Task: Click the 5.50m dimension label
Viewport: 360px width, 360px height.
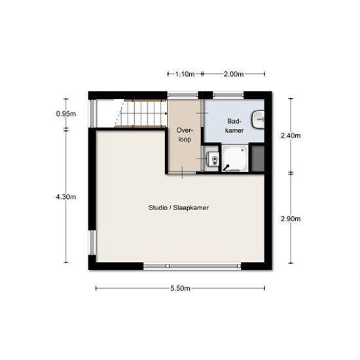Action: pyautogui.click(x=180, y=289)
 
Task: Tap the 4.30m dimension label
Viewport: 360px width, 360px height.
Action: pyautogui.click(x=66, y=197)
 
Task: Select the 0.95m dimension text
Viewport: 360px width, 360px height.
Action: pyautogui.click(x=66, y=114)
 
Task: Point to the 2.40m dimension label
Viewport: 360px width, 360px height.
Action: pyautogui.click(x=291, y=135)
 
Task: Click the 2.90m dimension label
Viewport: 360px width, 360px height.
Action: pyautogui.click(x=291, y=219)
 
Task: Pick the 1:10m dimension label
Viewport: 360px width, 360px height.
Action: pyautogui.click(x=185, y=74)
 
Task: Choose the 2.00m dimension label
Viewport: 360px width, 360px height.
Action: pyautogui.click(x=234, y=74)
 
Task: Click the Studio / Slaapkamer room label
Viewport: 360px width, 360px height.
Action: pyautogui.click(x=179, y=207)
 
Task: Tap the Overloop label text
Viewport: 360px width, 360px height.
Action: pyautogui.click(x=185, y=135)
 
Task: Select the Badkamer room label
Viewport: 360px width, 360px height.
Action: pyautogui.click(x=234, y=126)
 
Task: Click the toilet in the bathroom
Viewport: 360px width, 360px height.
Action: pyautogui.click(x=213, y=158)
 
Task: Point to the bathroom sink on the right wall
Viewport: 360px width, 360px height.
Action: pyautogui.click(x=258, y=119)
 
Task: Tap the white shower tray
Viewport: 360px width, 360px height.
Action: pyautogui.click(x=235, y=158)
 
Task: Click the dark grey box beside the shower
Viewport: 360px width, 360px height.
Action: pyautogui.click(x=258, y=158)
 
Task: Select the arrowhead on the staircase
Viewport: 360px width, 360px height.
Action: pyautogui.click(x=166, y=113)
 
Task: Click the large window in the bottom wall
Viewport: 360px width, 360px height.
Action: pyautogui.click(x=192, y=266)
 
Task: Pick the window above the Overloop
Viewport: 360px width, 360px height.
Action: pyautogui.click(x=183, y=95)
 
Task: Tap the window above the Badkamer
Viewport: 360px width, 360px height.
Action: pyautogui.click(x=228, y=95)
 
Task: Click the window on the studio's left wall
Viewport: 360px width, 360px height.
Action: pyautogui.click(x=92, y=242)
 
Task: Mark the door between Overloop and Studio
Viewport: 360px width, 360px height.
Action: pyautogui.click(x=183, y=173)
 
